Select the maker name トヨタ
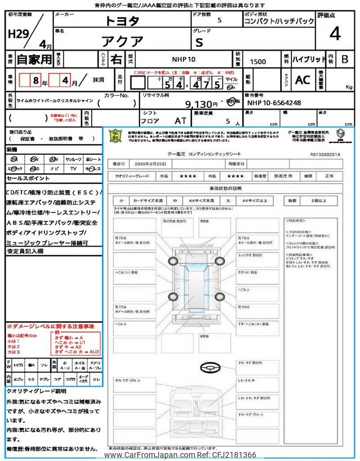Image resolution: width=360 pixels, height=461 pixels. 122,21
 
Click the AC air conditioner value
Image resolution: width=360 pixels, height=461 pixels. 303,80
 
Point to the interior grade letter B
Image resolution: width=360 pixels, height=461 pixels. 345,59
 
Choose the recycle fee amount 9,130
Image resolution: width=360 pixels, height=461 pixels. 201,104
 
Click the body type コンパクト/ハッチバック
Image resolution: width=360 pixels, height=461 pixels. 279,21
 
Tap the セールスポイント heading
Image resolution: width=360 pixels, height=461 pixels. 29,177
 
